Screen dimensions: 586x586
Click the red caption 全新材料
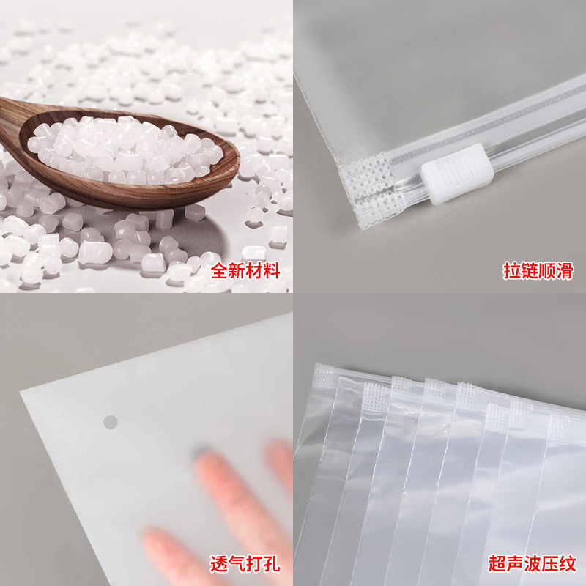tap(245, 270)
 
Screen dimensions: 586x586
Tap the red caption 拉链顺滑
tap(538, 270)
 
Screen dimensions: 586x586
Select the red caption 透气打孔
tap(245, 563)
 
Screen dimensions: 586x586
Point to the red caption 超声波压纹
tap(533, 563)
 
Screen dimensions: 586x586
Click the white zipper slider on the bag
tap(456, 174)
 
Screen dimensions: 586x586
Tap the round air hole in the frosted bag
tap(111, 423)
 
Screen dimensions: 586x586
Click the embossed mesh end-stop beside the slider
tap(370, 190)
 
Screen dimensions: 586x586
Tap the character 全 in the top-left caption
tap(219, 270)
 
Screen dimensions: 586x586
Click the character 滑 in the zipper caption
tap(565, 270)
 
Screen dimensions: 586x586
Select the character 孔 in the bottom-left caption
tap(272, 563)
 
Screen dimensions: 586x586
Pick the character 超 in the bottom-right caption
tap(497, 563)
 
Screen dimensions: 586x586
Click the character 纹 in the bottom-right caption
tap(568, 563)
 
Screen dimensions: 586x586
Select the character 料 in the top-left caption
tap(272, 270)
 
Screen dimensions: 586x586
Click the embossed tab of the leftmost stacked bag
tap(324, 377)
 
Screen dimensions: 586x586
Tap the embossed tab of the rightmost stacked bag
tap(559, 427)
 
